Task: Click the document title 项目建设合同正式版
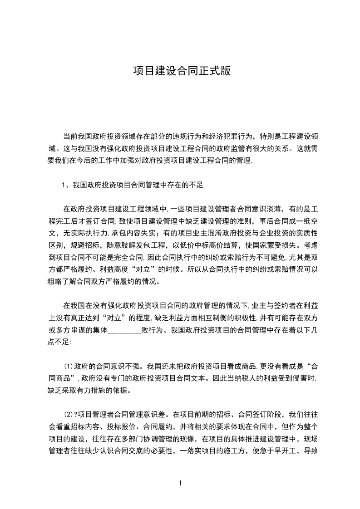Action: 180,72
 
